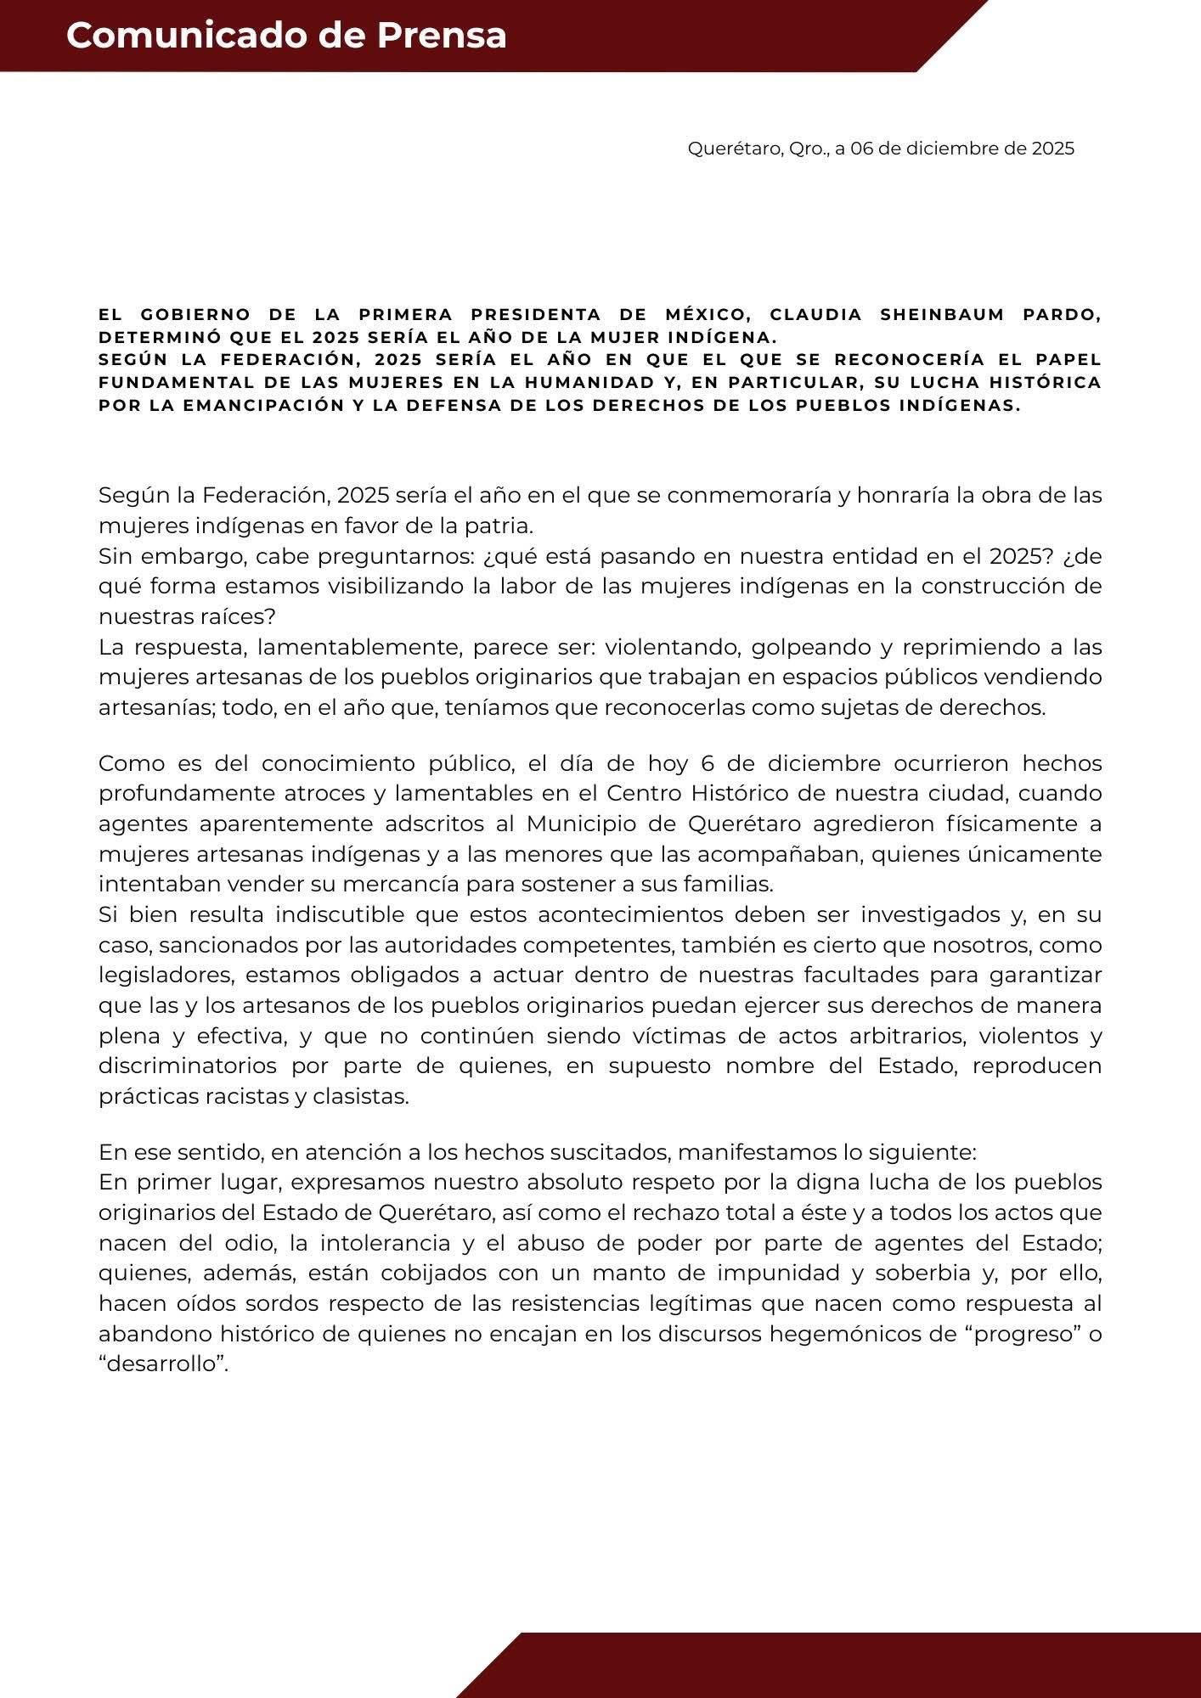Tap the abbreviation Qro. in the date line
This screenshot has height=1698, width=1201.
(807, 149)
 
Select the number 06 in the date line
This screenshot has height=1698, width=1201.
(862, 149)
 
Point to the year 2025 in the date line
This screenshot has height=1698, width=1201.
(1052, 149)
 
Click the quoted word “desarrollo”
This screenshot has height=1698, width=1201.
(163, 1364)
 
